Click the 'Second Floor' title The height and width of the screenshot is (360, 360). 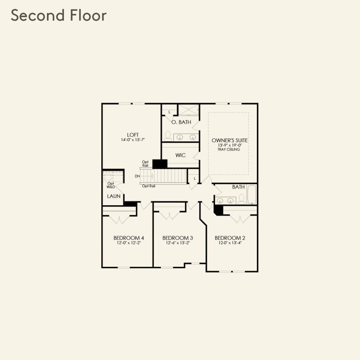(59, 16)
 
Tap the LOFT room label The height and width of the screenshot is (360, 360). (132, 135)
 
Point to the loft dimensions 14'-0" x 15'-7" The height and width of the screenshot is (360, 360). (132, 140)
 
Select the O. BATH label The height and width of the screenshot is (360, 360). (181, 122)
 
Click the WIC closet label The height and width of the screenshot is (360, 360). (180, 155)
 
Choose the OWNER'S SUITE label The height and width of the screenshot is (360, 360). (229, 141)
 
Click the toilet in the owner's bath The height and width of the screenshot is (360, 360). (167, 136)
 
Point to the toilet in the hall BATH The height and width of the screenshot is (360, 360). (242, 199)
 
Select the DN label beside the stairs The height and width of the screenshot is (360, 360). (137, 176)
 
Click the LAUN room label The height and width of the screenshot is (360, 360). (114, 196)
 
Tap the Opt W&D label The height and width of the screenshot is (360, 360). (111, 185)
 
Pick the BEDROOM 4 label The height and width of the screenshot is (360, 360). (128, 238)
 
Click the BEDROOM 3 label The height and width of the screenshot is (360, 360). (177, 238)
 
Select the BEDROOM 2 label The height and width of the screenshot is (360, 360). (230, 238)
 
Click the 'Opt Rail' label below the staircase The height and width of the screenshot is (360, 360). (149, 186)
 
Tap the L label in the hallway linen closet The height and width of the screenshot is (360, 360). (194, 178)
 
